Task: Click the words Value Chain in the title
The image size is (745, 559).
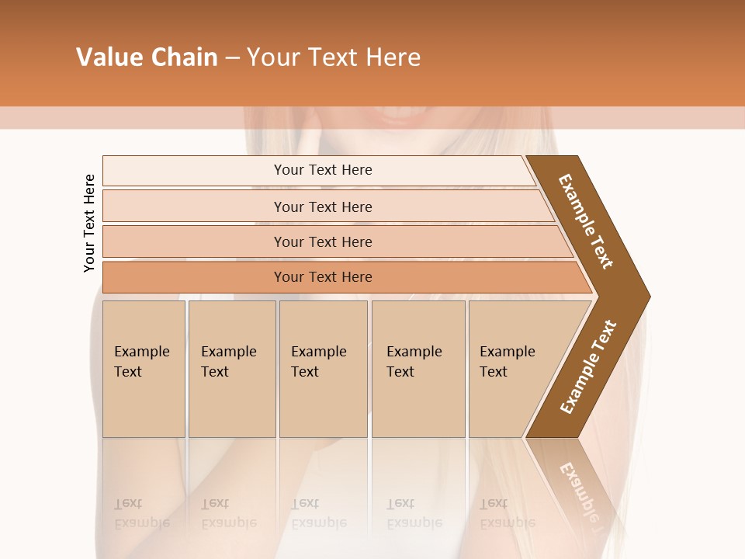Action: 147,57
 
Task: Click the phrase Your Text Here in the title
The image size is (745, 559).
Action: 334,57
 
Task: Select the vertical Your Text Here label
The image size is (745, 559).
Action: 89,223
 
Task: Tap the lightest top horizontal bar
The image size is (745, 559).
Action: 322,170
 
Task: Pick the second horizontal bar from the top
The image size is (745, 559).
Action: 322,207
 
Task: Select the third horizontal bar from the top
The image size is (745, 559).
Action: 322,241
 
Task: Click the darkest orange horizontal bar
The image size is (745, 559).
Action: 322,277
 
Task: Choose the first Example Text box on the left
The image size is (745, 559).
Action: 144,368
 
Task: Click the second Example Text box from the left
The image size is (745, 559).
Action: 231,368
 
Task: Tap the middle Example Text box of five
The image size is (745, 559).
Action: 323,368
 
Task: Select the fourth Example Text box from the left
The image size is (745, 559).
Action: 418,368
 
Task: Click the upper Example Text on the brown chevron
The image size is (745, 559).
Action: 586,221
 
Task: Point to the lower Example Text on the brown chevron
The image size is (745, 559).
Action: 588,366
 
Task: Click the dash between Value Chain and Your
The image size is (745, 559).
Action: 232,58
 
